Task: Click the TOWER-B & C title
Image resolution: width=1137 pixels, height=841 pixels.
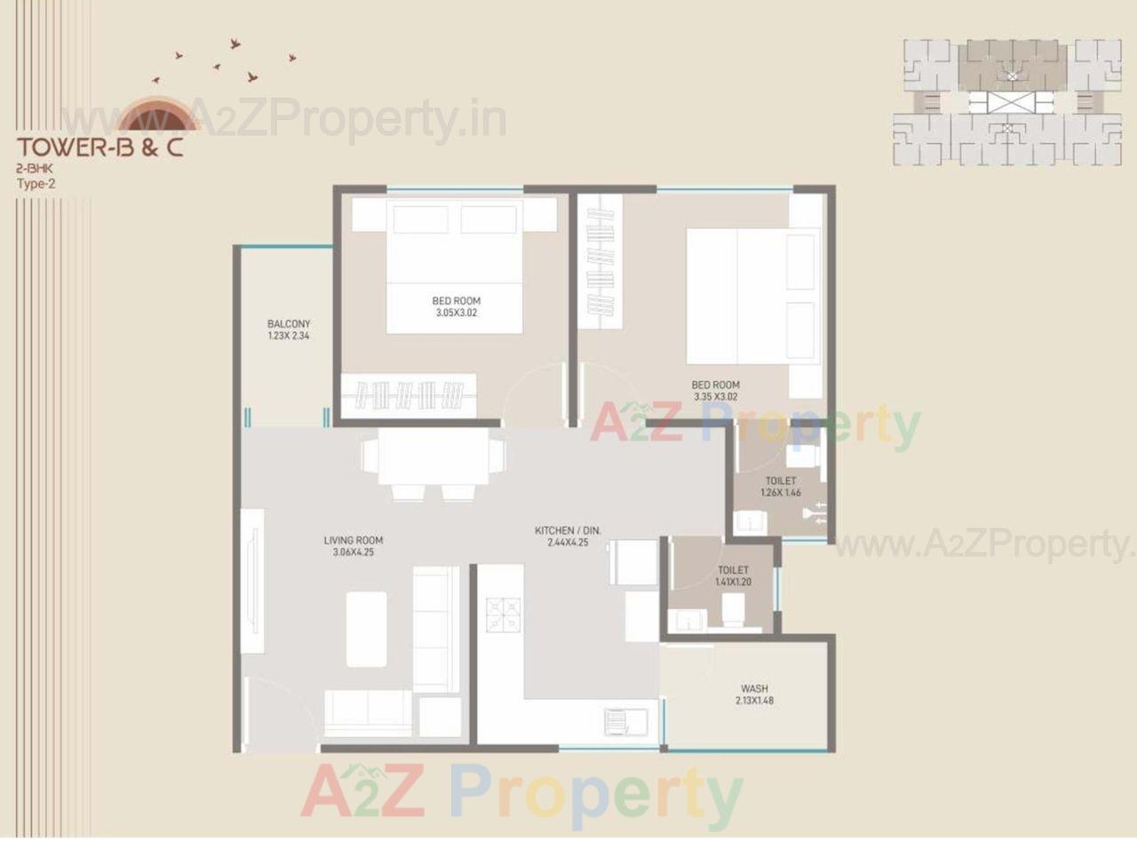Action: [x=99, y=147]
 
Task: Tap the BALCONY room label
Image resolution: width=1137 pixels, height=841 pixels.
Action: [x=289, y=324]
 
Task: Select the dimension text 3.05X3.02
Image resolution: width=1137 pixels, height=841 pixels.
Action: [x=457, y=312]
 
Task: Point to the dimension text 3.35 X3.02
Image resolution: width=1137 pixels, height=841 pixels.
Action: [x=715, y=396]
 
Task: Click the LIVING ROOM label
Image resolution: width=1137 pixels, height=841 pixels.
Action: [x=353, y=540]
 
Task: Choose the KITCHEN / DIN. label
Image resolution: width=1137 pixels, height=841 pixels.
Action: [x=568, y=530]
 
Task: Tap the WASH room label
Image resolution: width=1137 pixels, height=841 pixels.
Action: [x=754, y=688]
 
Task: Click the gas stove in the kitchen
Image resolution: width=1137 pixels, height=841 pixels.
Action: [x=504, y=615]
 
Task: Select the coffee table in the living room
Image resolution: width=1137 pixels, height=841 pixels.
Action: [x=366, y=629]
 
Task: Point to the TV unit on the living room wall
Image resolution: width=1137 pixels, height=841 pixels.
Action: [x=252, y=581]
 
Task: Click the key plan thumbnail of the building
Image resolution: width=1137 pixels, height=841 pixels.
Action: [x=1006, y=102]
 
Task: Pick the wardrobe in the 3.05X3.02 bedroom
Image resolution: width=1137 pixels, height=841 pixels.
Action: [x=409, y=393]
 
